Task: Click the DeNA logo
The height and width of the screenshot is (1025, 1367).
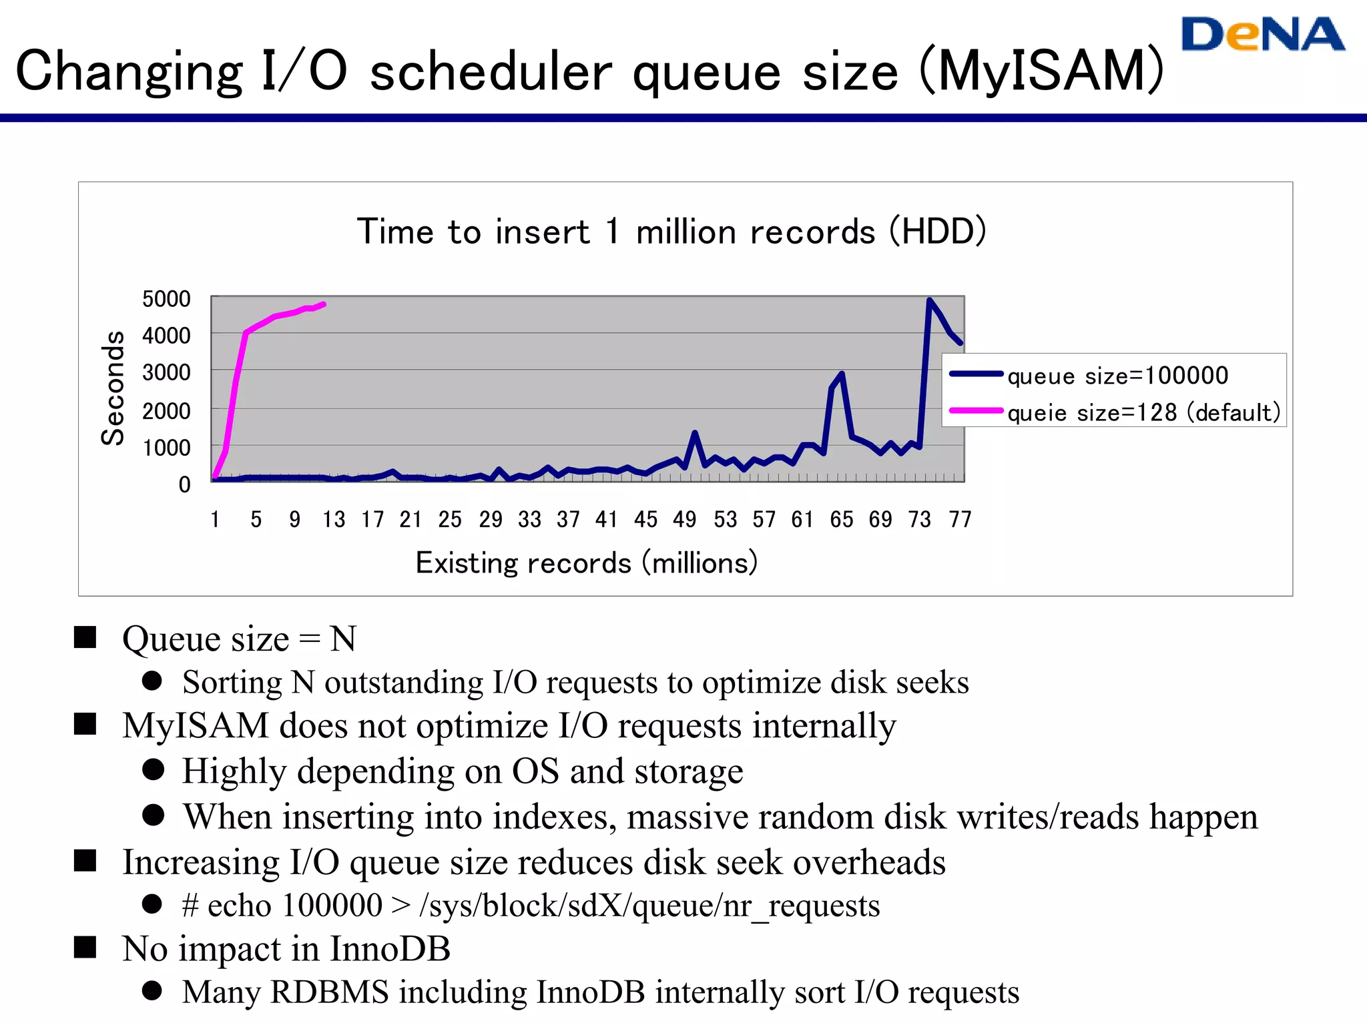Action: pos(1262,35)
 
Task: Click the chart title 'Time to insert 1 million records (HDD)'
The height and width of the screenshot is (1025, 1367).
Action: pos(671,232)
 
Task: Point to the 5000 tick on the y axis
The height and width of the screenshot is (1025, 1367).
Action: pos(166,299)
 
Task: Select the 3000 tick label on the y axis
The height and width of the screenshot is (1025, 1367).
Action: pos(166,372)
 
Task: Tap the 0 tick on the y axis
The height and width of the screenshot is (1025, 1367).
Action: pos(184,484)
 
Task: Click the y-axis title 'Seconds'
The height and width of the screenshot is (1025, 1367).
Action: pos(113,388)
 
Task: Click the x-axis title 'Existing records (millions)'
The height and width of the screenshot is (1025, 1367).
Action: pos(586,563)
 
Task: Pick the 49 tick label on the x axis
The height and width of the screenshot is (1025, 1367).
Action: pos(684,519)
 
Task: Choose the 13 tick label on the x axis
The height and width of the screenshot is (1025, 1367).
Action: pos(334,519)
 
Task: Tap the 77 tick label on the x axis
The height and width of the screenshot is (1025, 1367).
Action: pos(960,519)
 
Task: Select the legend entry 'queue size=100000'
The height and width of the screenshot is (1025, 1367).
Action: pos(1117,376)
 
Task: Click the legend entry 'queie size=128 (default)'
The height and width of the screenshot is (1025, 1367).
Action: pos(1143,412)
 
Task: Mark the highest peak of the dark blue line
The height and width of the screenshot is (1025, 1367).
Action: pos(929,300)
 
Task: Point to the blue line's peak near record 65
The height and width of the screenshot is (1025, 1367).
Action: pos(842,374)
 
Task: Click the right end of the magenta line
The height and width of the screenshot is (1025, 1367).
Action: pos(324,304)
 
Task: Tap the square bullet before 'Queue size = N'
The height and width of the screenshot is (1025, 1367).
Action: pos(85,637)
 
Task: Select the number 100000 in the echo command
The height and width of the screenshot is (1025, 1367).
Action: pos(332,906)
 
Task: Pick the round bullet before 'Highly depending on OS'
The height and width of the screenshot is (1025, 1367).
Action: pos(153,769)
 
